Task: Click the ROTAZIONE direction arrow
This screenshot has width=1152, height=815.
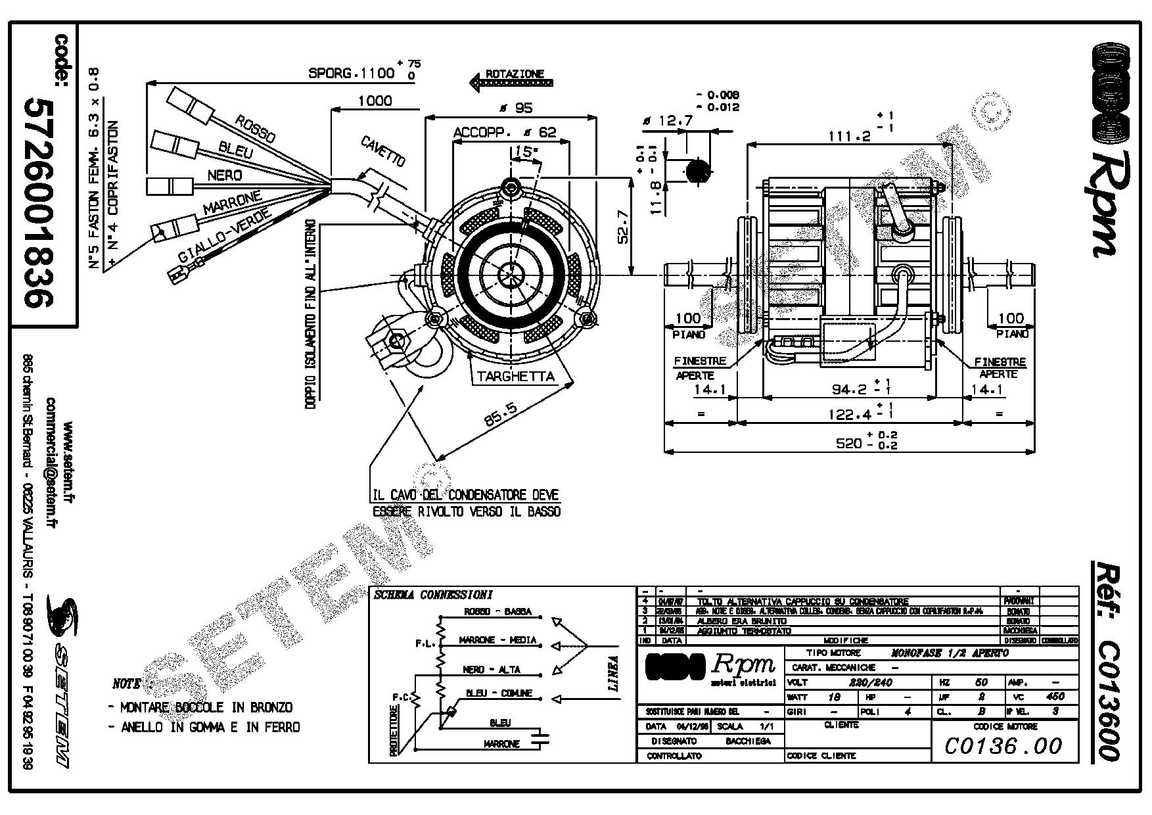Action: pos(511,82)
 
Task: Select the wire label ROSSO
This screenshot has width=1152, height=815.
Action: pos(255,128)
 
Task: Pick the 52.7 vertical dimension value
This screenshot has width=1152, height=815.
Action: pos(623,227)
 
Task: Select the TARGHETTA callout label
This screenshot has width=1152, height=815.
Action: pos(515,377)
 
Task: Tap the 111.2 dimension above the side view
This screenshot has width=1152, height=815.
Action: pos(849,136)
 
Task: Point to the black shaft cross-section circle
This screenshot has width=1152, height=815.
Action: pos(697,171)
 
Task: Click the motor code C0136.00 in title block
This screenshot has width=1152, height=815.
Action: pos(1003,745)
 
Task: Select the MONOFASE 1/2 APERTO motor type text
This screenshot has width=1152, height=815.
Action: pos(949,653)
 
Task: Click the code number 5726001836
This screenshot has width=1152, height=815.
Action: pos(38,203)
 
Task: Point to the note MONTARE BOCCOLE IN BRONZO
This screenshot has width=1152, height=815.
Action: pos(200,707)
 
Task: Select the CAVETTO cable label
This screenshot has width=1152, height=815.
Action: pos(383,152)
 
